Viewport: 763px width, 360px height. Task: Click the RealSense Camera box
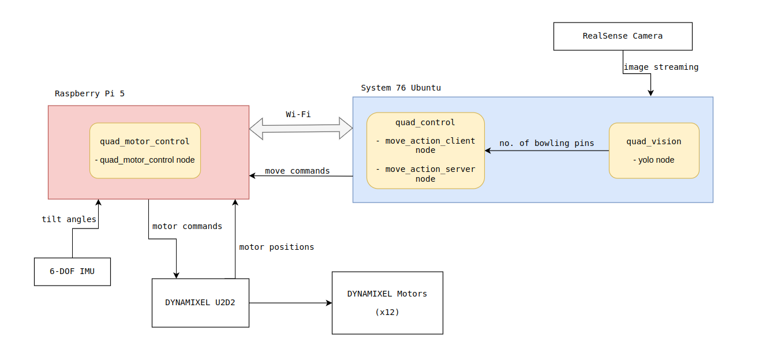622,36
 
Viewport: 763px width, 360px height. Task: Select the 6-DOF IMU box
72,272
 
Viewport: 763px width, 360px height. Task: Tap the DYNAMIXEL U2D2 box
200,303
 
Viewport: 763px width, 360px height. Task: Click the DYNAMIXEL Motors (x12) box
387,303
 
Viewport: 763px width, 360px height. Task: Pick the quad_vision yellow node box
654,150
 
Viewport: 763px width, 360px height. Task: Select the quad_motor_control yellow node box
145,151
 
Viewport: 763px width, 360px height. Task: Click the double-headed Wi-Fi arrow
301,129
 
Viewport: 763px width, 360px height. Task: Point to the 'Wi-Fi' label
298,114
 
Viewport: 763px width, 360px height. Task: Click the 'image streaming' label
661,67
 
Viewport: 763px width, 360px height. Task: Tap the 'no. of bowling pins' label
547,143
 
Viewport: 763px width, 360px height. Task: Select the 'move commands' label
297,171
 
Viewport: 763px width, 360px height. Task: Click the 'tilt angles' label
69,219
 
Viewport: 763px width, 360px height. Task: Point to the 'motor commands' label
187,226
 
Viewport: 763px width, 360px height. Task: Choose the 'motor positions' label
276,247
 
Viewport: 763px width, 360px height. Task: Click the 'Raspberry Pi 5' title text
89,93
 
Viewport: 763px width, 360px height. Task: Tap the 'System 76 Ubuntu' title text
401,88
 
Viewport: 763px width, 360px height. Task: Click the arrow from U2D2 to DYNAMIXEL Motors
290,303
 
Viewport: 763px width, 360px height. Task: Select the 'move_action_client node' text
425,145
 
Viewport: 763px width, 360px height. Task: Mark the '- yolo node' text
654,160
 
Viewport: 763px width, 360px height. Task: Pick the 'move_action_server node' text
425,174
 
